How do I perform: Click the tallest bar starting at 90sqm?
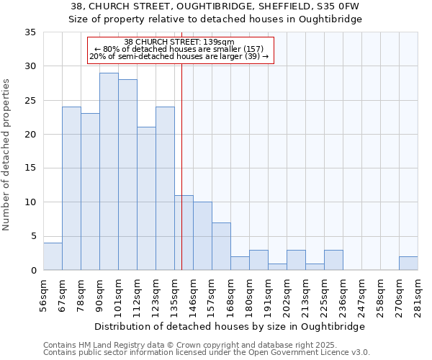click(x=109, y=171)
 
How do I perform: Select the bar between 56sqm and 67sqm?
click(x=53, y=256)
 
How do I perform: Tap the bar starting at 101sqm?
click(x=127, y=175)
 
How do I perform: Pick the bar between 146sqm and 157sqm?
click(x=202, y=236)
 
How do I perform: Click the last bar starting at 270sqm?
click(x=408, y=264)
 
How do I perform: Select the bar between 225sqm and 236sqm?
click(x=333, y=260)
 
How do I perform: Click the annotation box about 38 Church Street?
click(x=181, y=50)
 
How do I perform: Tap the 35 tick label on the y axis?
click(x=30, y=32)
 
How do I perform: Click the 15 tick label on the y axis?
click(x=30, y=168)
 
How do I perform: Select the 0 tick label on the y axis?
click(x=33, y=271)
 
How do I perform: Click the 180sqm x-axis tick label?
click(x=250, y=295)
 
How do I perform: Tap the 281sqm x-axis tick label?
click(x=418, y=295)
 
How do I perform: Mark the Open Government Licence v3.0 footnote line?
click(x=207, y=353)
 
